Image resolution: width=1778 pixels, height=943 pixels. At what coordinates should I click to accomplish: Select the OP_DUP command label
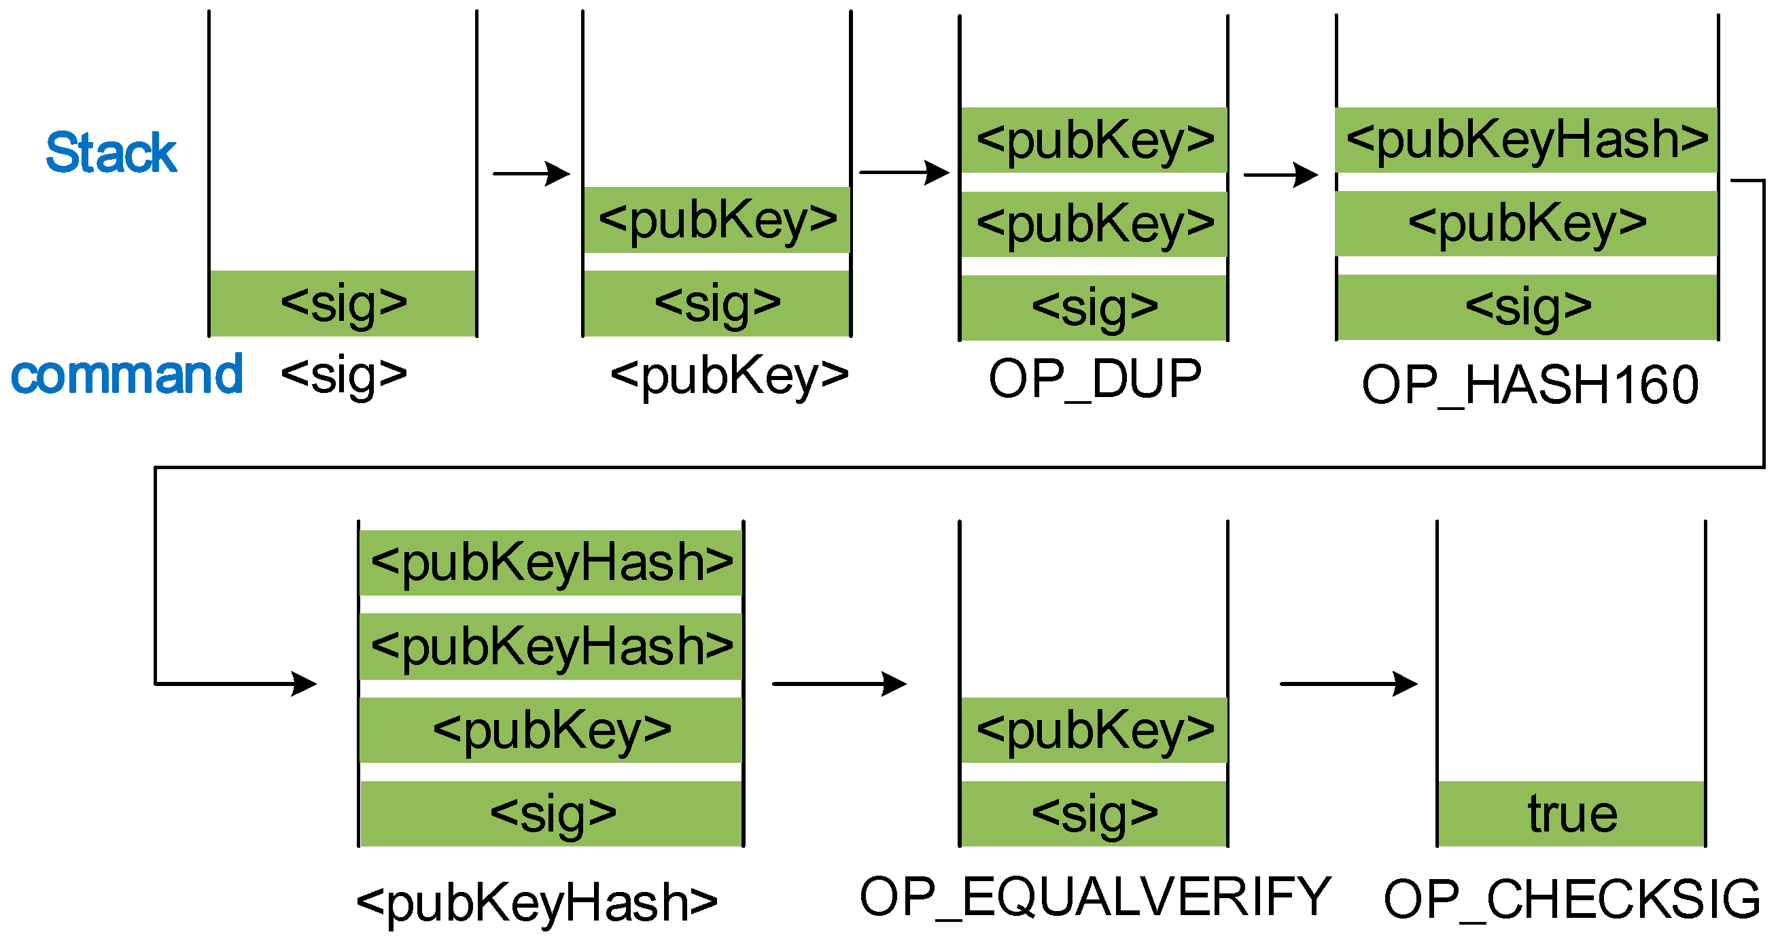[1095, 379]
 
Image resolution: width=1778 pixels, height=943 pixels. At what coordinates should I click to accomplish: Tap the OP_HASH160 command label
[1529, 385]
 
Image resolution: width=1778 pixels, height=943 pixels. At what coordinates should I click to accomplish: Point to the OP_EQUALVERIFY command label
[1095, 897]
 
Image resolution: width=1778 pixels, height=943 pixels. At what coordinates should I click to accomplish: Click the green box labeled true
[1571, 814]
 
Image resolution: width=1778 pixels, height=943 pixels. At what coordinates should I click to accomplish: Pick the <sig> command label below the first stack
[344, 376]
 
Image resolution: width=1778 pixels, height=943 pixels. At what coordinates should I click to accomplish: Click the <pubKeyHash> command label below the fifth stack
[537, 902]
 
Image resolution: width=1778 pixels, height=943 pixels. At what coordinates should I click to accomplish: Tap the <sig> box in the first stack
[343, 304]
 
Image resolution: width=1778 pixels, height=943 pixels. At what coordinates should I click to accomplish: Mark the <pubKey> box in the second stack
[717, 220]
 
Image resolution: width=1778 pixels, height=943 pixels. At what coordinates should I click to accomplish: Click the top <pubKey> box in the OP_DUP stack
[1095, 140]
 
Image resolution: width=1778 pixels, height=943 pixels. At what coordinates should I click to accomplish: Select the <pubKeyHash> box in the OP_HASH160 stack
[1527, 140]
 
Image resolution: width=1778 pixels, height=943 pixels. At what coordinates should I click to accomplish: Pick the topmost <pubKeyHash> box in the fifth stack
[551, 563]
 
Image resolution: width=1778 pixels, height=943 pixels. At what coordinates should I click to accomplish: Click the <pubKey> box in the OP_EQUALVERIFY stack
[1095, 730]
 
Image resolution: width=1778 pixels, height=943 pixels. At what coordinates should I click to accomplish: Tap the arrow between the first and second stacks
[531, 173]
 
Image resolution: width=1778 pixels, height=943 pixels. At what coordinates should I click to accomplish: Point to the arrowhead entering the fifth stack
[304, 684]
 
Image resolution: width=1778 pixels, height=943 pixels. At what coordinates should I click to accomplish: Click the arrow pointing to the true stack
[1348, 684]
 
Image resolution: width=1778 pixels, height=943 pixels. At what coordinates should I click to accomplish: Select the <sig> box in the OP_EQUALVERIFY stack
[1095, 814]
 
